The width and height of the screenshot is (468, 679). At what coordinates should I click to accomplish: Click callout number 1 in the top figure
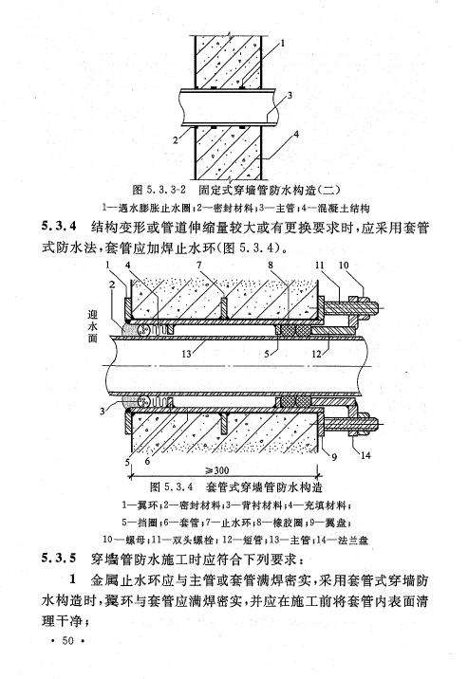click(x=283, y=43)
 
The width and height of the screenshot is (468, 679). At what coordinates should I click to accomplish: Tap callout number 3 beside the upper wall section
click(x=290, y=95)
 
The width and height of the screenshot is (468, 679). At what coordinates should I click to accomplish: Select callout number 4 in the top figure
click(x=296, y=135)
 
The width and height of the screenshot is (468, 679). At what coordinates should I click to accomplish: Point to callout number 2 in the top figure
click(x=176, y=140)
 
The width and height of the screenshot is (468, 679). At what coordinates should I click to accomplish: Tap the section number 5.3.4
click(x=60, y=227)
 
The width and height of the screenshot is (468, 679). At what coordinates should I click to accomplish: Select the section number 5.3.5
click(x=60, y=558)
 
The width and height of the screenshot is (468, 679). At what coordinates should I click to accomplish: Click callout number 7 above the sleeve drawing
click(x=199, y=265)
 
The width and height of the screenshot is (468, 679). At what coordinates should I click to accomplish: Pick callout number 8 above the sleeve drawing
click(x=271, y=265)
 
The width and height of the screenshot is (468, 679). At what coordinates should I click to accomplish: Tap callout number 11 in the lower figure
click(x=319, y=265)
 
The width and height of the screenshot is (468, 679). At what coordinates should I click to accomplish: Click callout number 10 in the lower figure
click(x=344, y=265)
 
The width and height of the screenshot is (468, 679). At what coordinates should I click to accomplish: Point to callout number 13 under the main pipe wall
click(x=186, y=354)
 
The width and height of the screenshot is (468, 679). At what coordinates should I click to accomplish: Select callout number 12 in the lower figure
click(x=317, y=354)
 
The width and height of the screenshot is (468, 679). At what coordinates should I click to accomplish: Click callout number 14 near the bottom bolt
click(x=365, y=455)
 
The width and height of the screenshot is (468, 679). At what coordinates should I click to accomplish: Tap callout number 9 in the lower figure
click(x=334, y=457)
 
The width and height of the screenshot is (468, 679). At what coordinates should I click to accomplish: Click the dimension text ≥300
click(x=217, y=470)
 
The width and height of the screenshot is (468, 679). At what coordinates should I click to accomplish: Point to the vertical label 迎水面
click(x=92, y=326)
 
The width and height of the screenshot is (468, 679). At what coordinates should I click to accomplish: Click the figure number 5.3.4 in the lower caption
click(x=178, y=486)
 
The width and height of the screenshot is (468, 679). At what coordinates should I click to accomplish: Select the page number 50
click(x=68, y=641)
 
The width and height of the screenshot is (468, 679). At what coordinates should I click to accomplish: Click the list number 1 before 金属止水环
click(x=73, y=579)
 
